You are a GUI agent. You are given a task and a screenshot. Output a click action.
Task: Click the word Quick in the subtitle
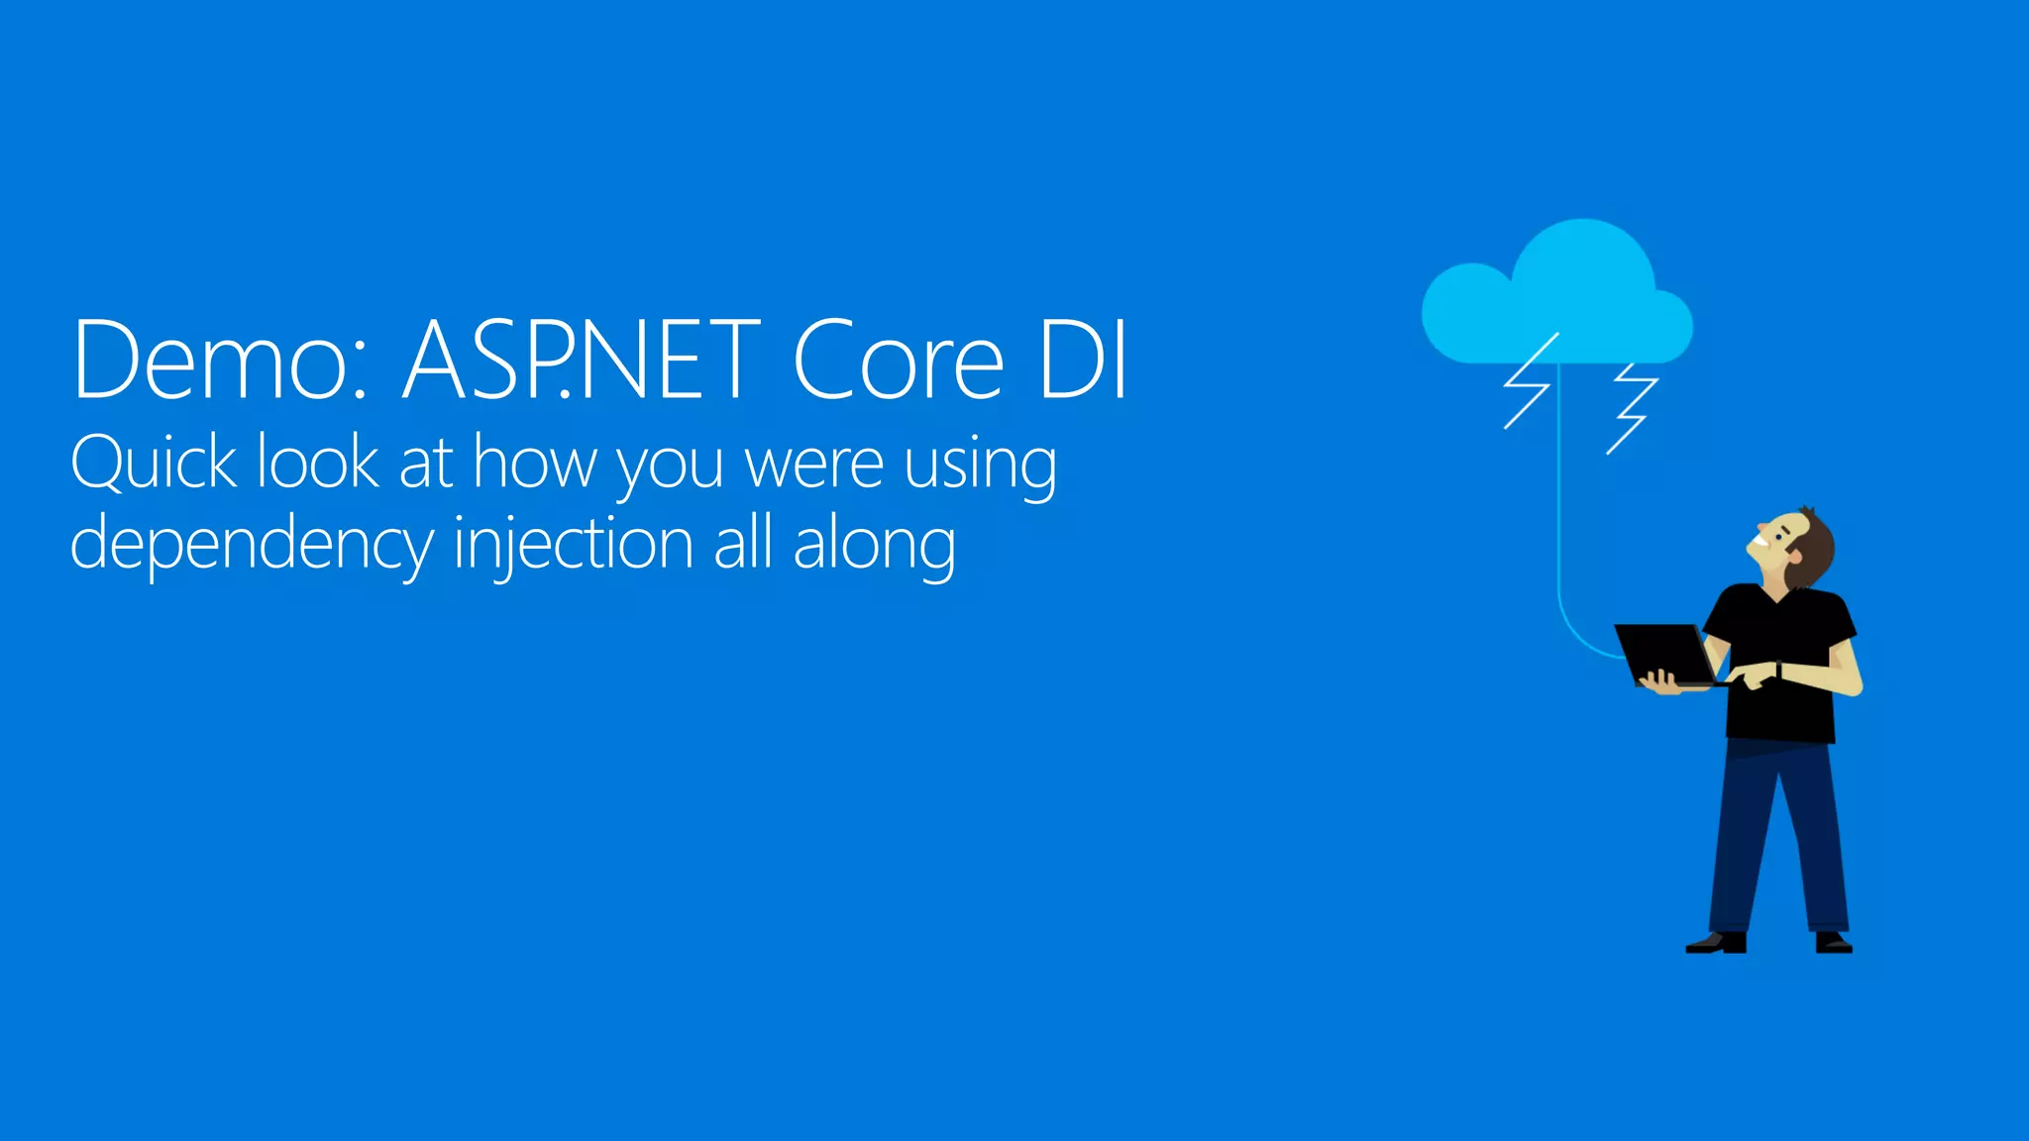(x=154, y=464)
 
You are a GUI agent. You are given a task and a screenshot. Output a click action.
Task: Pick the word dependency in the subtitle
(x=252, y=545)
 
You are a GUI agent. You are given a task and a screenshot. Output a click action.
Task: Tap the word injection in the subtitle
(x=573, y=545)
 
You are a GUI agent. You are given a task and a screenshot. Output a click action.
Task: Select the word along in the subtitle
(x=874, y=545)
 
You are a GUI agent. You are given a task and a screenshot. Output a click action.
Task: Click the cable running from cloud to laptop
(x=1559, y=515)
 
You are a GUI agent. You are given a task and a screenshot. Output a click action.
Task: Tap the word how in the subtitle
(x=536, y=464)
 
